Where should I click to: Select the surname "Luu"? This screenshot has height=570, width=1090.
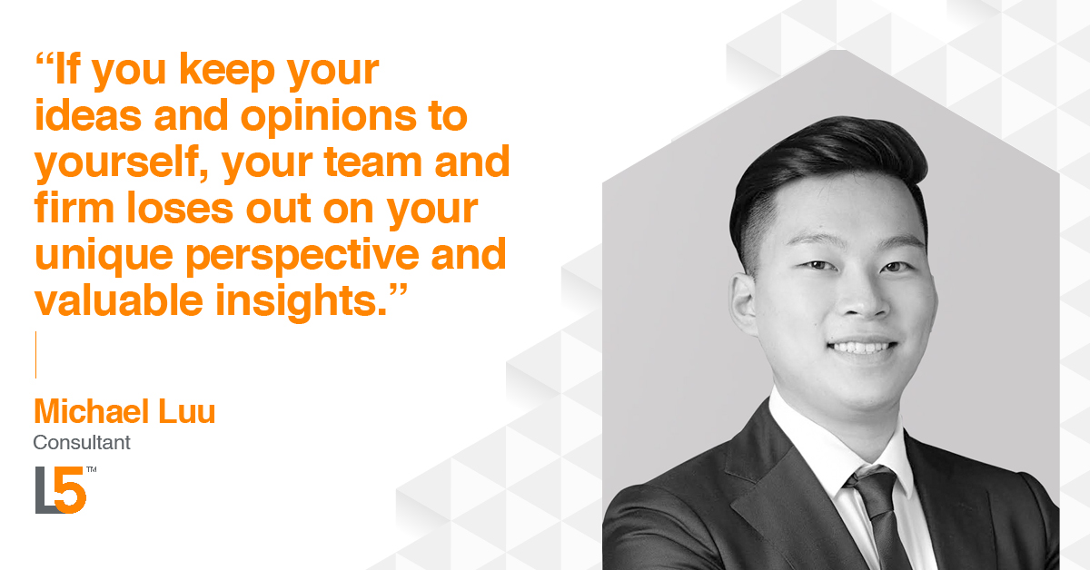[188, 411]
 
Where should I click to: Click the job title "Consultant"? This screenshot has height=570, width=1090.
[82, 443]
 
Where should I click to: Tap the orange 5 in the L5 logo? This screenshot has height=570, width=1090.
[70, 491]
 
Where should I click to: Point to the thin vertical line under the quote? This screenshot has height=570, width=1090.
[35, 354]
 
